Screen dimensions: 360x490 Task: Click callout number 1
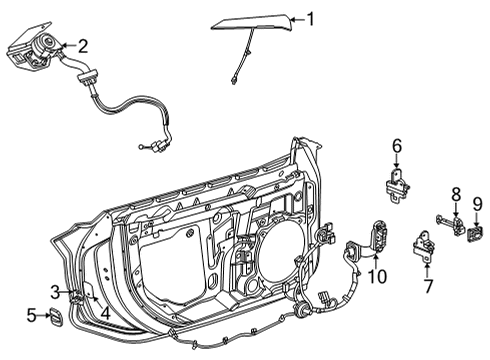click(310, 18)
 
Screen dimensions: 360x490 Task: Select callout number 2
click(83, 44)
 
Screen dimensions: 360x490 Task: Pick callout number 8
click(456, 193)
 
